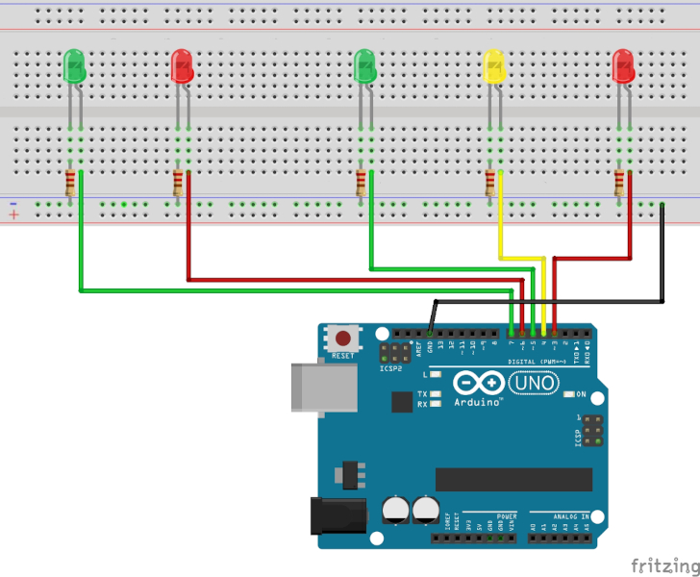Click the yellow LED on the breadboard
493,66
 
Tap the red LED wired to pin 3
623,66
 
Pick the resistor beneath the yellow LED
490,181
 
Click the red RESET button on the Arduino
342,339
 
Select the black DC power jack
337,515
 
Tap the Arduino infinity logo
478,383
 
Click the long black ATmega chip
513,479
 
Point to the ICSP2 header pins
394,352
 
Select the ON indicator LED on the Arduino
569,394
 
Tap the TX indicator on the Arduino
435,394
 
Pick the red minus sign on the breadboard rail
13,203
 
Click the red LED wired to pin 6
181,66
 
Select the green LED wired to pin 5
364,66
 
